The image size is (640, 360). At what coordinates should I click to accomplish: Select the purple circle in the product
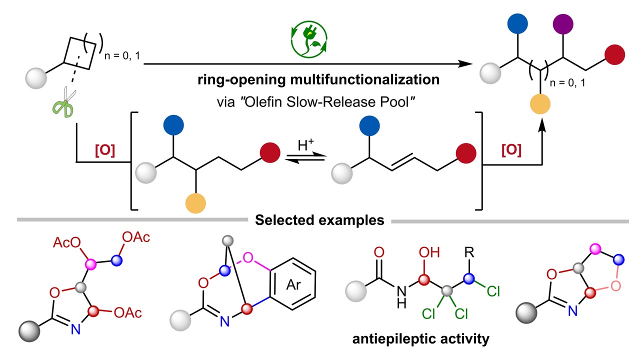pyautogui.click(x=563, y=24)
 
